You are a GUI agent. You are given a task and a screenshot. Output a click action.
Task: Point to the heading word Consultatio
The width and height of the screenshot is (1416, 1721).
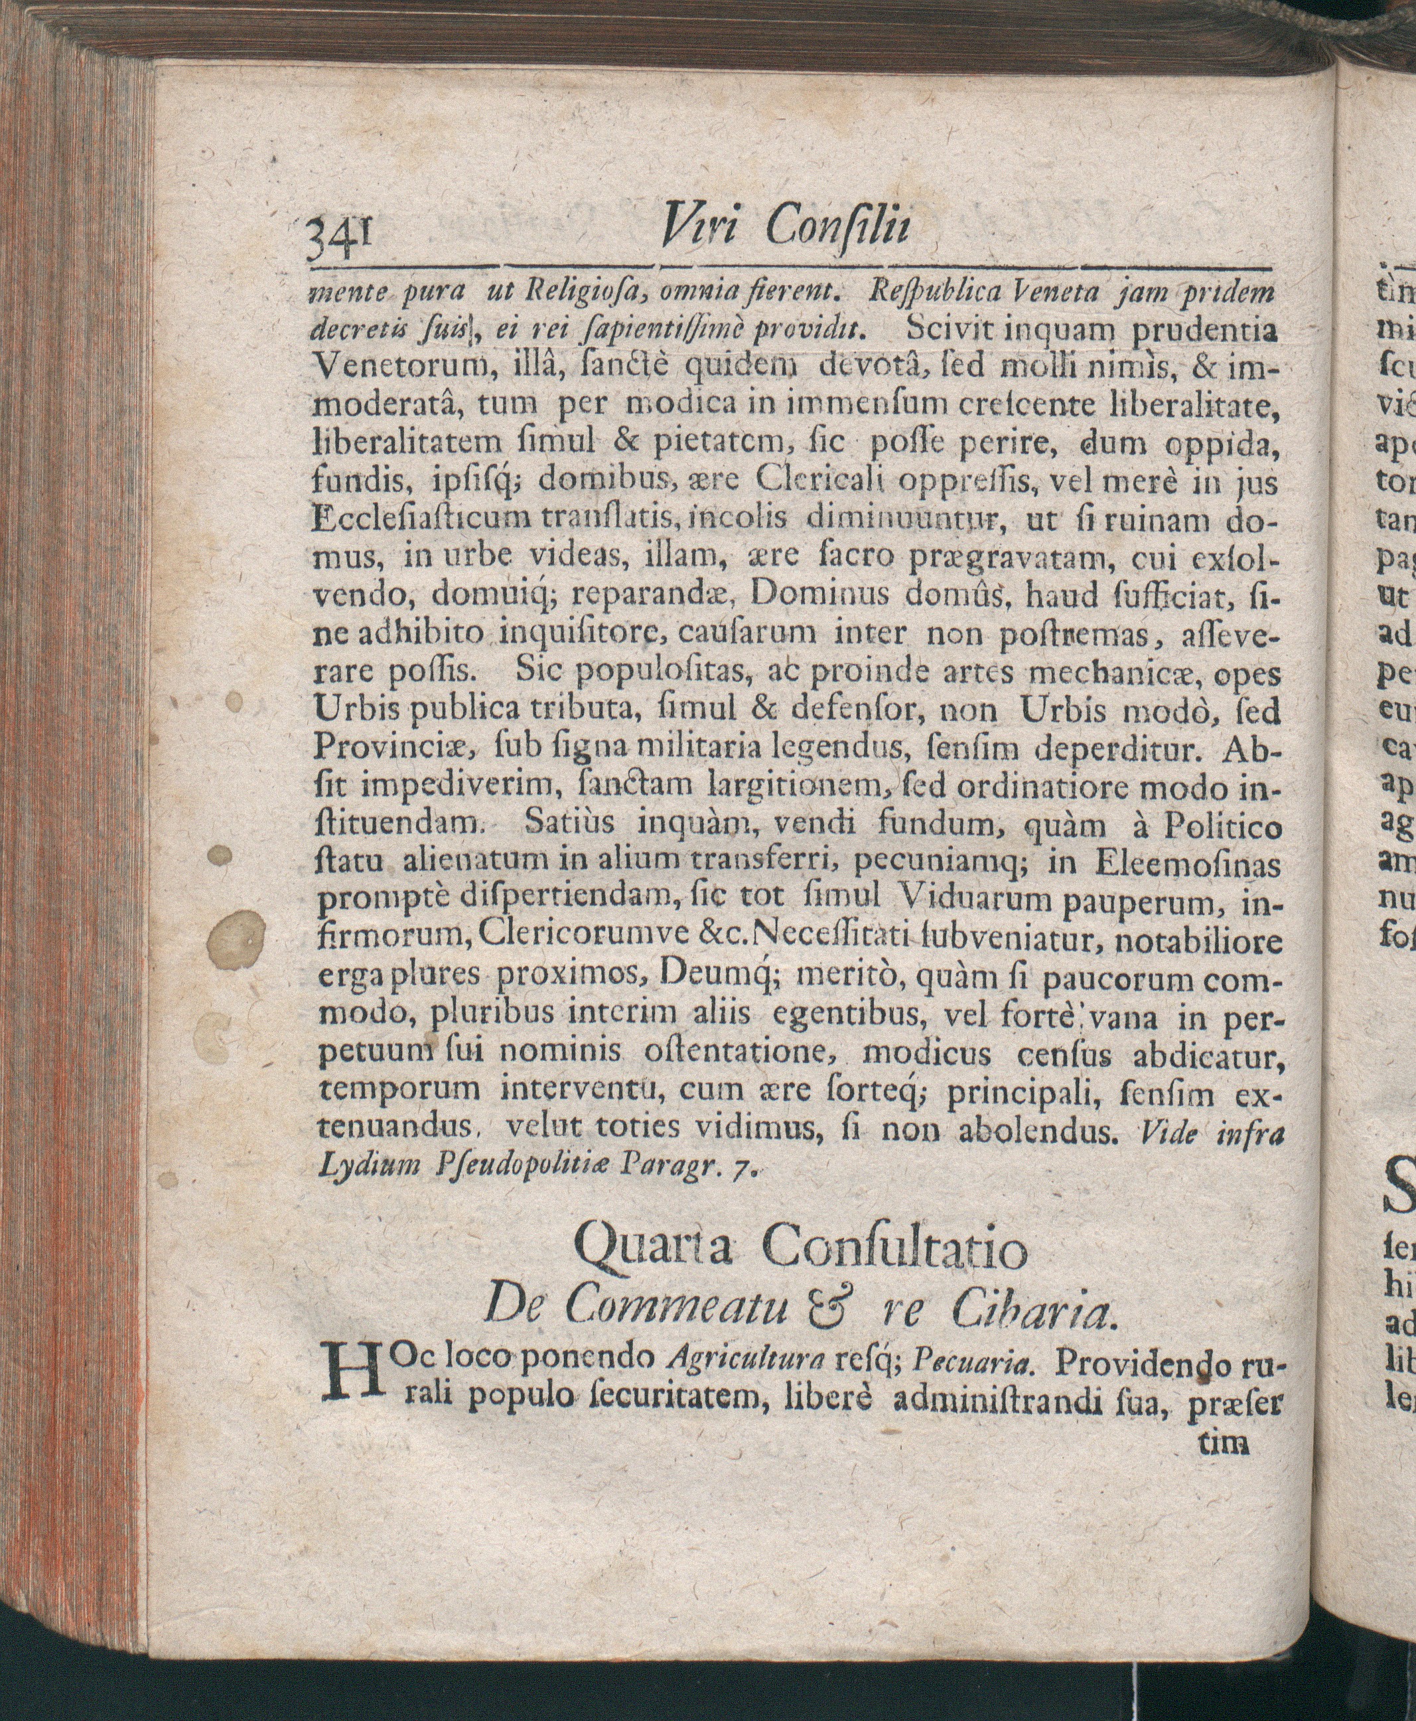click(x=895, y=1248)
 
